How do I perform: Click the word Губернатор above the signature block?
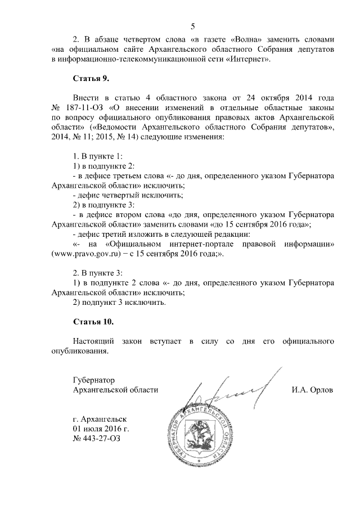[93, 380]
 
